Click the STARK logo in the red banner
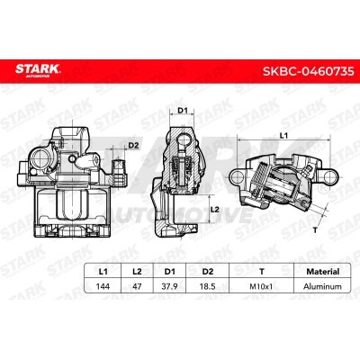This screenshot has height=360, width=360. pos(38,70)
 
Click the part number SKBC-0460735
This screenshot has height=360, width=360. pos(309,71)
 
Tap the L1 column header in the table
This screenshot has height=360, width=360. pos(103,272)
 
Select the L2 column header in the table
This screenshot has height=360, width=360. pos(137,272)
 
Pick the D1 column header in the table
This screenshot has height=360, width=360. pos(170,272)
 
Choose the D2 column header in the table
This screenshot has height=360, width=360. pos(207,272)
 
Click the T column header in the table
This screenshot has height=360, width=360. pos(262,272)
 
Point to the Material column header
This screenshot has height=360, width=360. pos(322,272)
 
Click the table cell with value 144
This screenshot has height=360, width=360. pos(103,286)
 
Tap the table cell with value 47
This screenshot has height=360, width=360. pos(137,286)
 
